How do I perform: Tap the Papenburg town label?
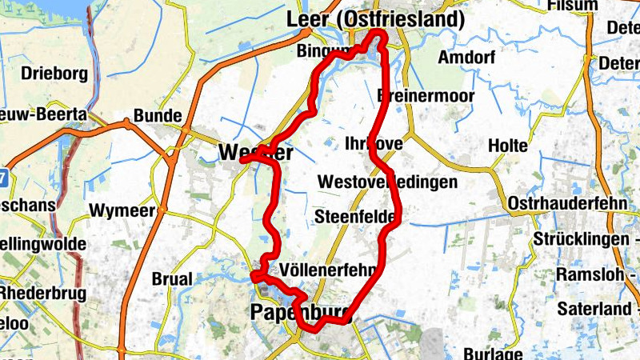point(292,313)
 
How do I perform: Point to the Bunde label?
point(158,116)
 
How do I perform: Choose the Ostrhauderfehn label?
point(567,203)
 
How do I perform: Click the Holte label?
point(508,146)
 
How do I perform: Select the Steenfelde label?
point(354,217)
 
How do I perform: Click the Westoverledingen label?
point(387,182)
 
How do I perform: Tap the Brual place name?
point(172,279)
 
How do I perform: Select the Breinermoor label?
point(426,96)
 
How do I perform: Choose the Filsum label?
point(572,6)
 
